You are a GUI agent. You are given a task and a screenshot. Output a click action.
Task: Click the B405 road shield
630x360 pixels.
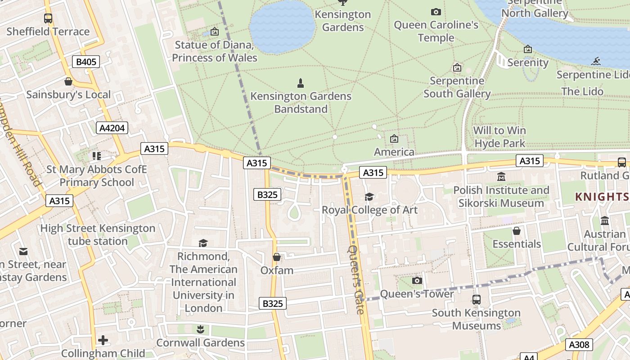pos(86,62)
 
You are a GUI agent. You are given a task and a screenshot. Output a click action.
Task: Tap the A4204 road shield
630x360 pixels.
pos(112,128)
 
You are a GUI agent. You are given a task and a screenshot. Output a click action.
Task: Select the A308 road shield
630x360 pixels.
pos(579,345)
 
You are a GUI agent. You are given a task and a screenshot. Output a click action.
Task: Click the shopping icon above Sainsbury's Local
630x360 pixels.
pos(68,81)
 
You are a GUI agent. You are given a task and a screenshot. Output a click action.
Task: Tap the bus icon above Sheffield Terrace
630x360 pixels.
pos(48,18)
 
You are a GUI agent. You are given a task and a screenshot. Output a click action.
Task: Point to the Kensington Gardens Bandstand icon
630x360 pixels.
pos(301,83)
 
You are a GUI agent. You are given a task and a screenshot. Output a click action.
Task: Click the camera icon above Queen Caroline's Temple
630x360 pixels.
pos(436,12)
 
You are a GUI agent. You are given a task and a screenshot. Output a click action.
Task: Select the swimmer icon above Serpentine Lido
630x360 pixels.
pos(597,61)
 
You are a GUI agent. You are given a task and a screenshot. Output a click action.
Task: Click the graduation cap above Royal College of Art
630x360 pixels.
pos(369,197)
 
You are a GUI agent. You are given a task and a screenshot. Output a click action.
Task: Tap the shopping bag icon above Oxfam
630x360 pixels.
pos(277,257)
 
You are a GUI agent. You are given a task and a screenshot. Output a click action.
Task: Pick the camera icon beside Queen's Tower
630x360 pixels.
pos(417,280)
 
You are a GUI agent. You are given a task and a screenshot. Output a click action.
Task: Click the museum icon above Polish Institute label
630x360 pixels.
pos(501,177)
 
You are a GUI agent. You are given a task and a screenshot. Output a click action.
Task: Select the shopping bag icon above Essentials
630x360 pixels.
pos(517,231)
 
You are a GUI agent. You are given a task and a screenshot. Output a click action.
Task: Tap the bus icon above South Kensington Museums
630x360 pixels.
pos(476,299)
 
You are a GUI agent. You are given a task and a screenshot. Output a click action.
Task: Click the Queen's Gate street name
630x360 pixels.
pos(355,279)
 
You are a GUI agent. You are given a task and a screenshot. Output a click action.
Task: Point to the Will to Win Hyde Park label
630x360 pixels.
pos(499,137)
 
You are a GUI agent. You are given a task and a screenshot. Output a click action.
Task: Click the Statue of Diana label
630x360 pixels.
pos(215,51)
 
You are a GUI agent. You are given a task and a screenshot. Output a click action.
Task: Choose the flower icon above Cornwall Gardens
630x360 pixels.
pos(200,329)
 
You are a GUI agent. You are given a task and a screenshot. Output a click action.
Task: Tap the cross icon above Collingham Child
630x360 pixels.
pos(103,340)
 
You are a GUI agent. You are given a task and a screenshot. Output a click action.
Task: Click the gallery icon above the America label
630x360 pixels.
pos(394,139)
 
